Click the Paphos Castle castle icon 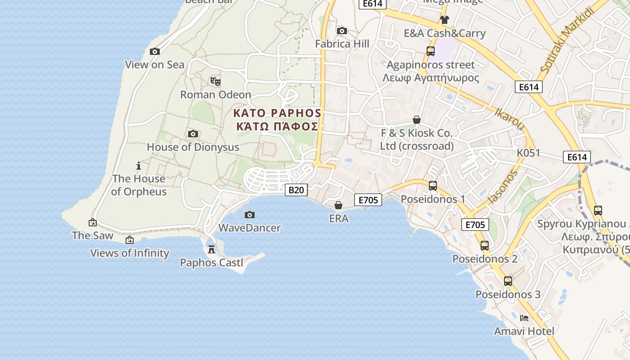click(211, 249)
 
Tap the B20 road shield click(296, 190)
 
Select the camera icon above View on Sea click(154, 52)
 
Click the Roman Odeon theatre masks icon click(215, 81)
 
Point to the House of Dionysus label click(193, 147)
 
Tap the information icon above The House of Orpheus click(139, 166)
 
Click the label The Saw click(93, 235)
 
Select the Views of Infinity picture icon click(130, 240)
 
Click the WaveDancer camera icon click(249, 215)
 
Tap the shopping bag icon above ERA click(338, 206)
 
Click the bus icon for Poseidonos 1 click(432, 185)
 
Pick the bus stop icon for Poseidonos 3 click(508, 281)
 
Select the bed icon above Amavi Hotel click(524, 318)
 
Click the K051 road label click(528, 153)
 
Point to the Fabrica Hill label click(342, 44)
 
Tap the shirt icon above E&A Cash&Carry click(445, 20)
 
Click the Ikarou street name click(510, 119)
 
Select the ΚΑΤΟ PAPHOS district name click(277, 113)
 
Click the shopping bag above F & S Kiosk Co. click(417, 120)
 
